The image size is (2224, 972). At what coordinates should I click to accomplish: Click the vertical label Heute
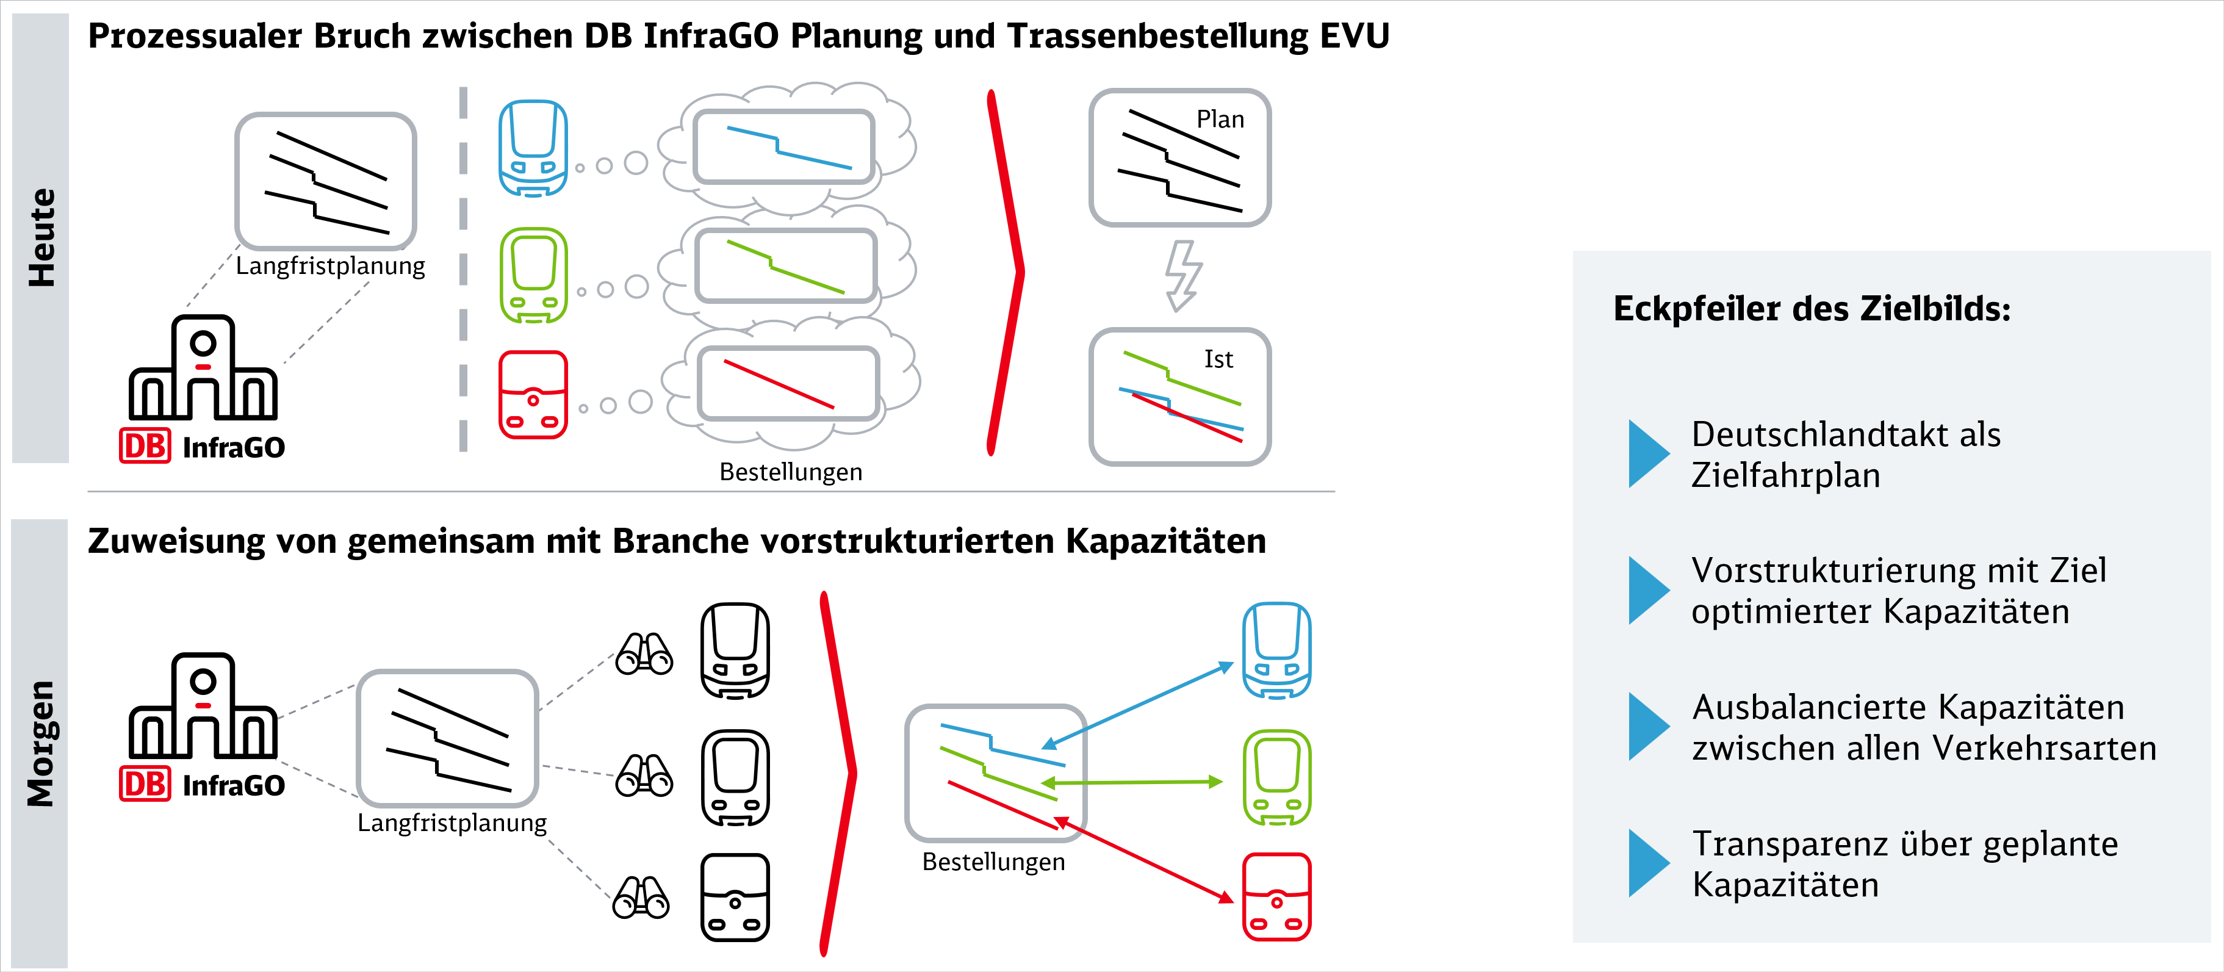click(41, 237)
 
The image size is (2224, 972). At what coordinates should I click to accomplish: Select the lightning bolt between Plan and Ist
click(1183, 275)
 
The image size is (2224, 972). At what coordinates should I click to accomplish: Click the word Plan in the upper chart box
click(1220, 119)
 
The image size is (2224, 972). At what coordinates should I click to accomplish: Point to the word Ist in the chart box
click(1218, 359)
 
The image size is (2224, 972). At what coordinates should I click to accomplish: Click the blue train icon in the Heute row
click(533, 148)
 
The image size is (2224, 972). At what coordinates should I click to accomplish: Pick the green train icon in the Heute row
click(533, 275)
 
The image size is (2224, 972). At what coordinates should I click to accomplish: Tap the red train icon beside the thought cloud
click(533, 395)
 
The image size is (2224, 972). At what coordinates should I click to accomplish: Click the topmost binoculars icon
click(644, 653)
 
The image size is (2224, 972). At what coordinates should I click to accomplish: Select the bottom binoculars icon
click(641, 897)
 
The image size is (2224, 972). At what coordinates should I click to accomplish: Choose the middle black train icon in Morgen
click(735, 778)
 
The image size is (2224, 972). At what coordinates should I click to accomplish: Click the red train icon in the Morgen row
click(1276, 897)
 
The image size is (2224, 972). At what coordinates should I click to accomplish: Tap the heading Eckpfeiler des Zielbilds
click(1812, 309)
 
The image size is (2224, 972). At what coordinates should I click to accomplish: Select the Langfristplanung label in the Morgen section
click(452, 823)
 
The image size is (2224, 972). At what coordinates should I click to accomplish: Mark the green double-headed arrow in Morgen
click(1132, 782)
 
